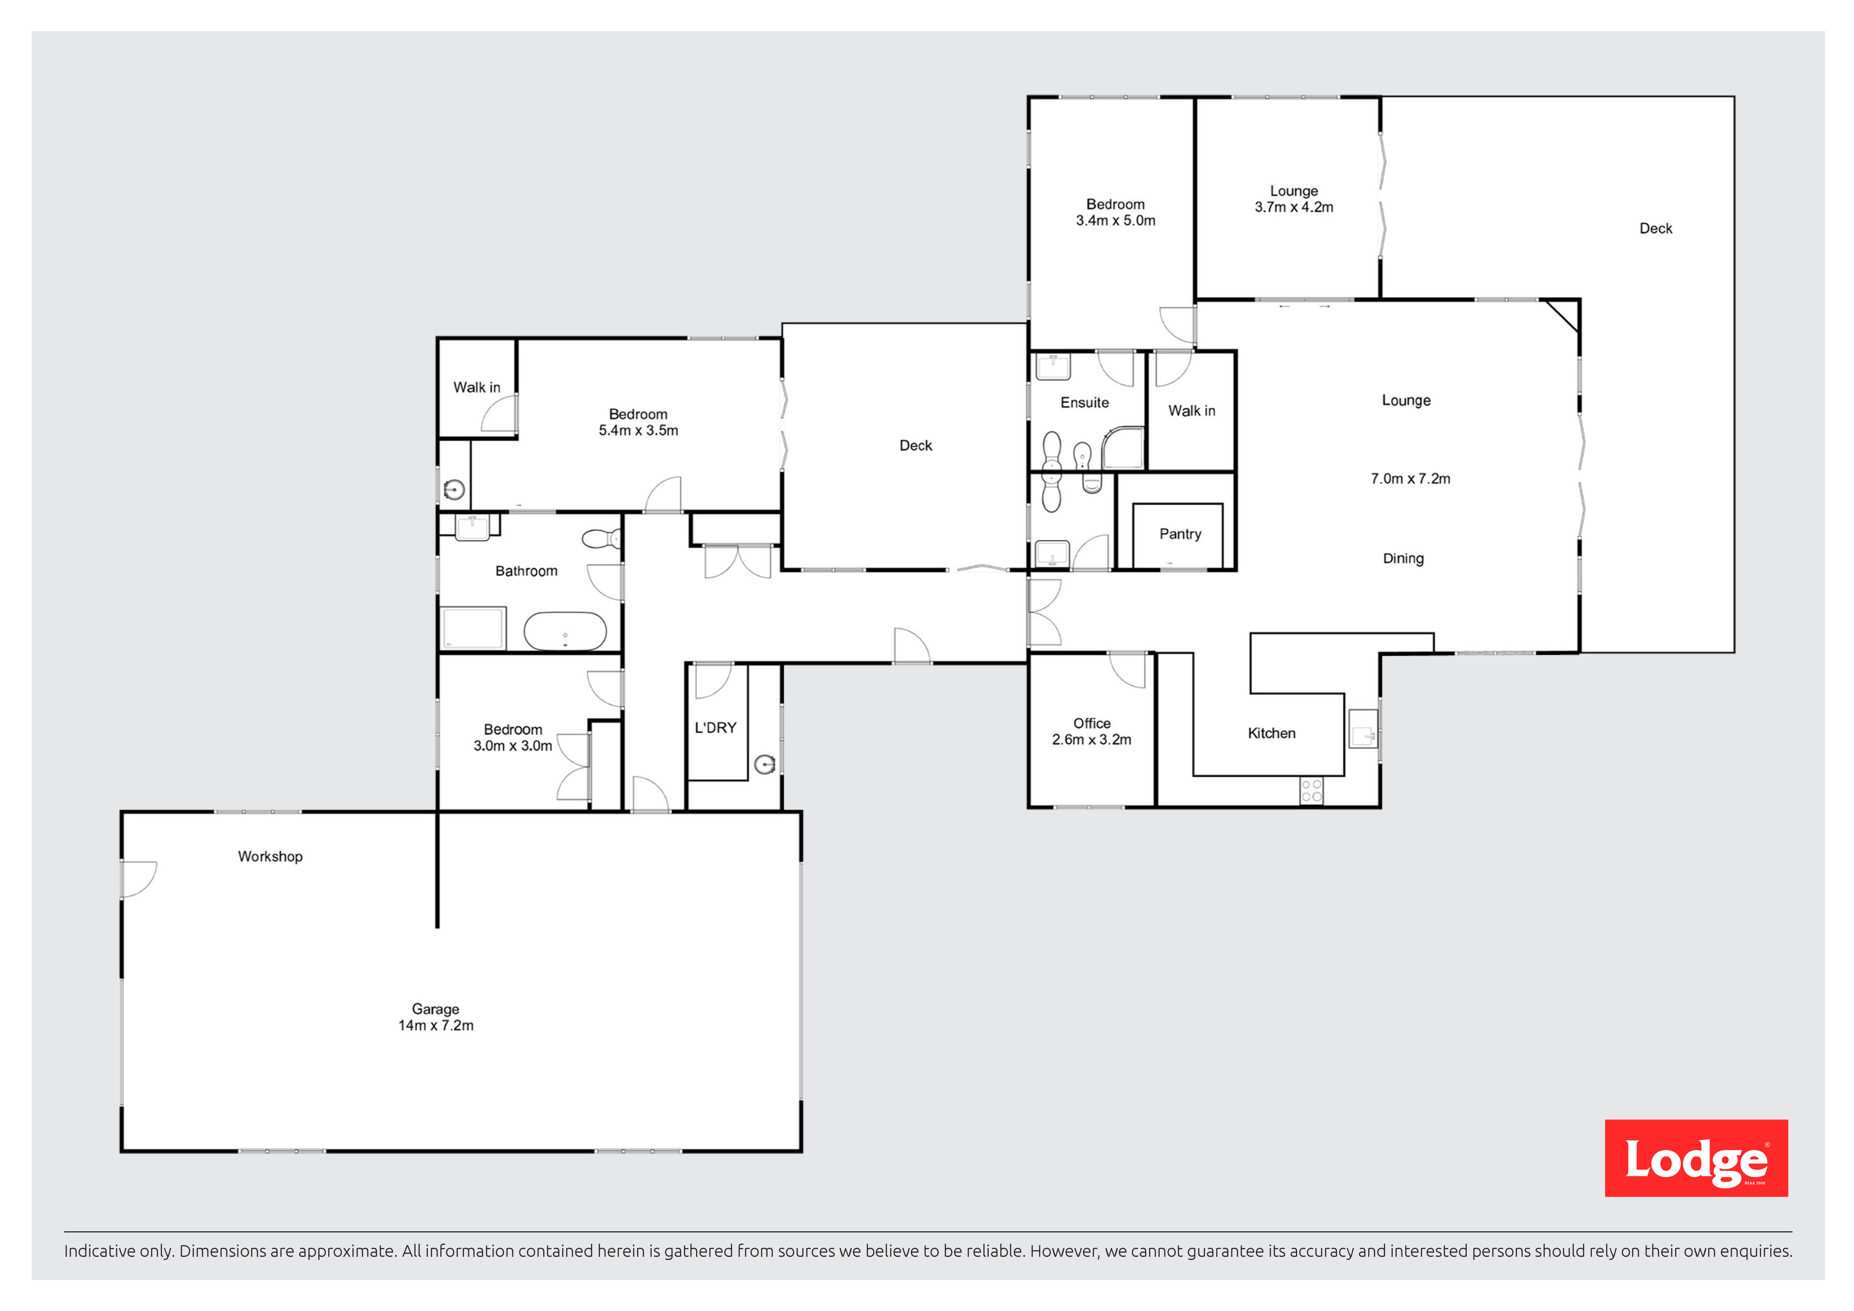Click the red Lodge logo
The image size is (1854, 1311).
point(1696,1158)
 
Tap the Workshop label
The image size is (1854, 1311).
point(271,857)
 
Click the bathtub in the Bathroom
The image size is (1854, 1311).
point(565,631)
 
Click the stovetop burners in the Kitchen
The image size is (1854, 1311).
point(1311,790)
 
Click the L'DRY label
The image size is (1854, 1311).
point(716,728)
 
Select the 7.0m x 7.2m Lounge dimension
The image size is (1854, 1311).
point(1410,479)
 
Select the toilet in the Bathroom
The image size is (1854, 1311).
point(601,539)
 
